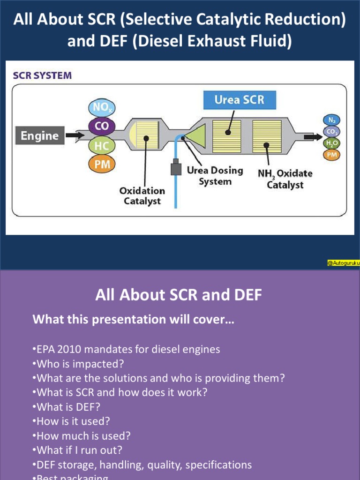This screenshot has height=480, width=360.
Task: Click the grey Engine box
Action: (x=40, y=136)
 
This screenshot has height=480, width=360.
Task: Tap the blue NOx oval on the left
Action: (x=102, y=107)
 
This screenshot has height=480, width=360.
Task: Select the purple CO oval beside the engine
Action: (x=102, y=126)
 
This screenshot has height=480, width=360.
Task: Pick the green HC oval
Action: (x=102, y=145)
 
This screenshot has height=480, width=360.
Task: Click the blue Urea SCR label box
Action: (x=239, y=100)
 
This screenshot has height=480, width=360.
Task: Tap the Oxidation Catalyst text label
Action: (x=142, y=196)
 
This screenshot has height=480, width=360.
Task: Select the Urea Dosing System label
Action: (x=215, y=176)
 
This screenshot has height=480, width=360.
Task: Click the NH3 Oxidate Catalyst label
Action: (x=285, y=179)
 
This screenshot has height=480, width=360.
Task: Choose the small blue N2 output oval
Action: (x=331, y=120)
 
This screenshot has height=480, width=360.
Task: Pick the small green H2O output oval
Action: (x=332, y=143)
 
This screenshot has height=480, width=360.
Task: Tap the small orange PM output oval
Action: (x=332, y=154)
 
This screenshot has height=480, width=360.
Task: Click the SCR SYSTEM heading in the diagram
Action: (x=43, y=75)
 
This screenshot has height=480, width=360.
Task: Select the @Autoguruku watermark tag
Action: (x=343, y=263)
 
